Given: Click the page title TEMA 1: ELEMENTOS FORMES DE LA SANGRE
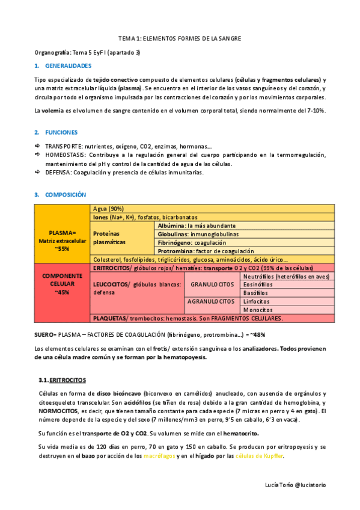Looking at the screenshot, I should (180, 38).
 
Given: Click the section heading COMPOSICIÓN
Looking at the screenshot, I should (66, 195).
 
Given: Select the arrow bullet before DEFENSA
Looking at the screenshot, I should (38, 173).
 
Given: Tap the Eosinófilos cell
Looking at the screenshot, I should (257, 284).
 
